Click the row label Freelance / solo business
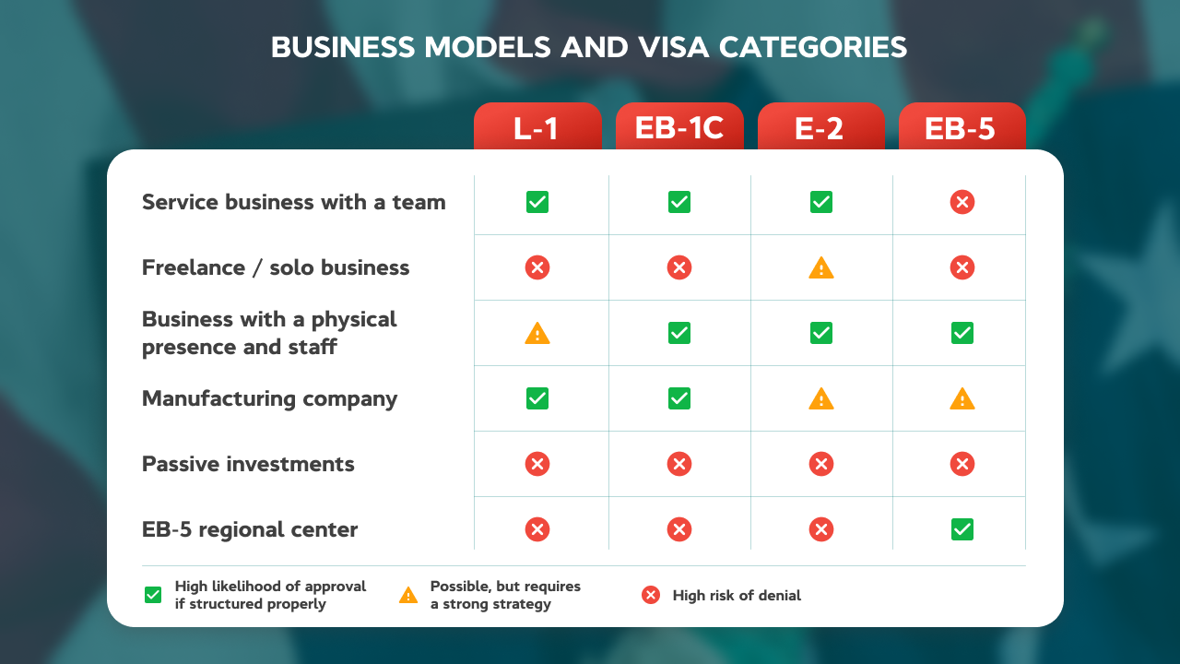(276, 267)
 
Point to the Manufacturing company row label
(269, 398)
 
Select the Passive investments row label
(248, 464)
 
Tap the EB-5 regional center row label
(250, 529)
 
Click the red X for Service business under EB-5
(962, 202)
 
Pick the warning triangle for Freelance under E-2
(820, 268)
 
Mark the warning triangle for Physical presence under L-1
(537, 334)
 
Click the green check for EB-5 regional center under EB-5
(962, 529)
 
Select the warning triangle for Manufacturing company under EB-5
(962, 399)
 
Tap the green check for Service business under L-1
(537, 202)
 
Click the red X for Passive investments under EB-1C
(679, 464)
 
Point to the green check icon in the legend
(153, 596)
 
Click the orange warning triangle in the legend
(408, 596)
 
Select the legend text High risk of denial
(737, 596)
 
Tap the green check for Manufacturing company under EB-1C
(679, 398)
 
